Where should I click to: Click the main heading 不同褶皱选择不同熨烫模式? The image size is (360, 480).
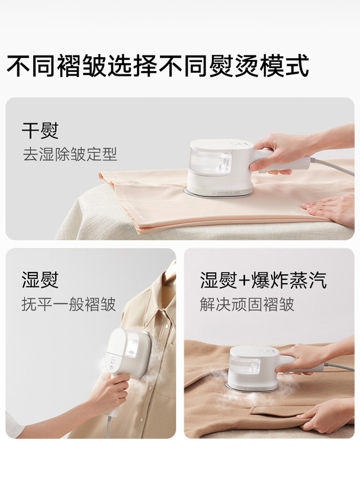[x=157, y=66]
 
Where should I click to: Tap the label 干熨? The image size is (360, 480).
[x=40, y=130]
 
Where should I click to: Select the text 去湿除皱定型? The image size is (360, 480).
[x=70, y=154]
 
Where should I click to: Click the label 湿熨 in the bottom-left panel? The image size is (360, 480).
[x=40, y=280]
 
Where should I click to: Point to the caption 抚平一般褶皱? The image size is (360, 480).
[x=69, y=304]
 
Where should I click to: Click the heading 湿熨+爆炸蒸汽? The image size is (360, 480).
[x=264, y=280]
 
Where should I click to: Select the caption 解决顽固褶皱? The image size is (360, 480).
[x=247, y=304]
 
